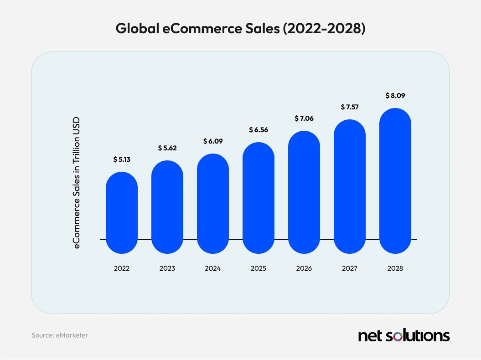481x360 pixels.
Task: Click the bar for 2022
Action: click(122, 212)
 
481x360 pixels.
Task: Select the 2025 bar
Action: click(259, 198)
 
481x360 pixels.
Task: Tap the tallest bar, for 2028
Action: click(395, 180)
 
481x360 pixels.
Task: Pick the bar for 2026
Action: click(304, 192)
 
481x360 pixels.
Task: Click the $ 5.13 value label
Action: click(122, 159)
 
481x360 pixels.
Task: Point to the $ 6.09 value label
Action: click(213, 141)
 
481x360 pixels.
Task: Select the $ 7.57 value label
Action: click(350, 107)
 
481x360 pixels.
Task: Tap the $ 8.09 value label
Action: click(395, 96)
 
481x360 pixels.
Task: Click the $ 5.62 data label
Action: click(167, 148)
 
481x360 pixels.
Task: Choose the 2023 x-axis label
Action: click(167, 268)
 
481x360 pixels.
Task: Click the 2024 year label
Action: click(213, 268)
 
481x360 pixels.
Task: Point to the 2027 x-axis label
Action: click(350, 268)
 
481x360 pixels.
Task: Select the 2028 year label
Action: click(395, 268)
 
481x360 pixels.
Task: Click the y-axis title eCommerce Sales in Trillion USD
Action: click(77, 181)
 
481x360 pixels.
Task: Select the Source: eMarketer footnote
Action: click(60, 335)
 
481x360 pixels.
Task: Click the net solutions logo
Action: click(404, 336)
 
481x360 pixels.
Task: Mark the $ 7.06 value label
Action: click(304, 118)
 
